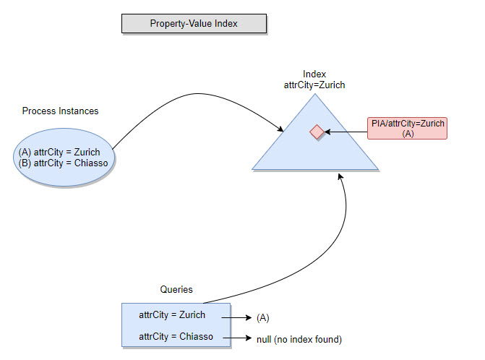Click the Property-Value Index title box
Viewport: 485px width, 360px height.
194,24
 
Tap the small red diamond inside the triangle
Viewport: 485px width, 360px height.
316,132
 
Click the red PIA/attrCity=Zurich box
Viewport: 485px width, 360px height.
407,128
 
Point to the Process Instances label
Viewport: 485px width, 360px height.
60,111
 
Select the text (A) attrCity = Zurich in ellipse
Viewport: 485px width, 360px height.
59,152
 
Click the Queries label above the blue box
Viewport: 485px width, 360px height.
176,289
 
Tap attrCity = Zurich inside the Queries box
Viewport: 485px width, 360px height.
172,314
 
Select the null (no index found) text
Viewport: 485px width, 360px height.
299,339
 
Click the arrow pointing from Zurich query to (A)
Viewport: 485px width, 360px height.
235,317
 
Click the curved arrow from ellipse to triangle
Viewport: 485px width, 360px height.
195,94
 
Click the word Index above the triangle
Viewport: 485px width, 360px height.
314,74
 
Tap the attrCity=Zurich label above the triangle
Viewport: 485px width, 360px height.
314,85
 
